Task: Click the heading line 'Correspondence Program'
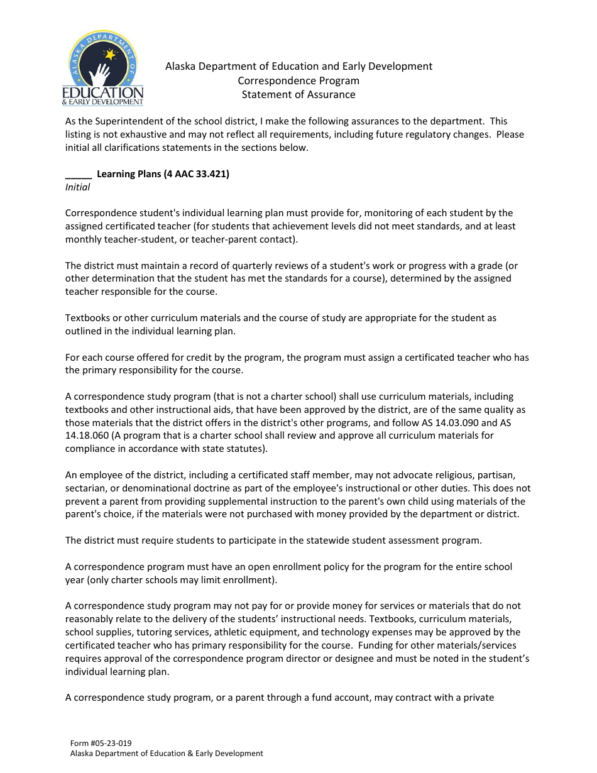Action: tap(298, 80)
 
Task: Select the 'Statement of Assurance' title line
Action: tap(298, 95)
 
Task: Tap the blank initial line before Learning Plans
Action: tap(78, 174)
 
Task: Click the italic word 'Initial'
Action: tap(78, 187)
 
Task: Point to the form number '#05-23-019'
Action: tap(111, 743)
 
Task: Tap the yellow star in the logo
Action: tap(111, 55)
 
